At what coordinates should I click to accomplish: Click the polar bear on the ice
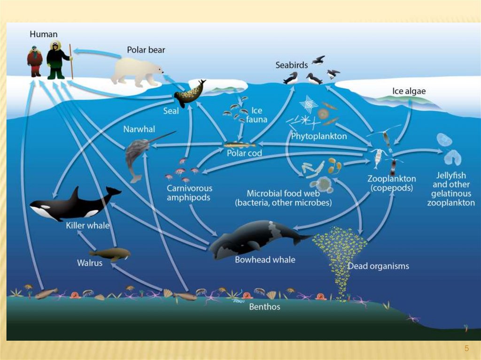click(x=136, y=71)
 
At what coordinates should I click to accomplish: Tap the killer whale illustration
click(x=75, y=203)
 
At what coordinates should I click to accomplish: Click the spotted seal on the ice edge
click(x=190, y=94)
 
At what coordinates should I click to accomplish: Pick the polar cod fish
click(x=237, y=146)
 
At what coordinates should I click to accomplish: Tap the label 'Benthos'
click(x=265, y=306)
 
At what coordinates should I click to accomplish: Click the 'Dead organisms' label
click(x=378, y=266)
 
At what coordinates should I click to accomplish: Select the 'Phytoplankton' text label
click(x=319, y=137)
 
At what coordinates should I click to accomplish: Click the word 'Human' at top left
click(x=43, y=34)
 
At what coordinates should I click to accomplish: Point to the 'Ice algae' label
click(x=409, y=91)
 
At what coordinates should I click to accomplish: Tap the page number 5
click(x=466, y=348)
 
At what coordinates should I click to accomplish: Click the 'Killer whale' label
click(x=87, y=226)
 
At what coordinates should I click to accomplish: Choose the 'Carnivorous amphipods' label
click(x=189, y=193)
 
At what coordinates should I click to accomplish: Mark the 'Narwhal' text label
click(x=139, y=129)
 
